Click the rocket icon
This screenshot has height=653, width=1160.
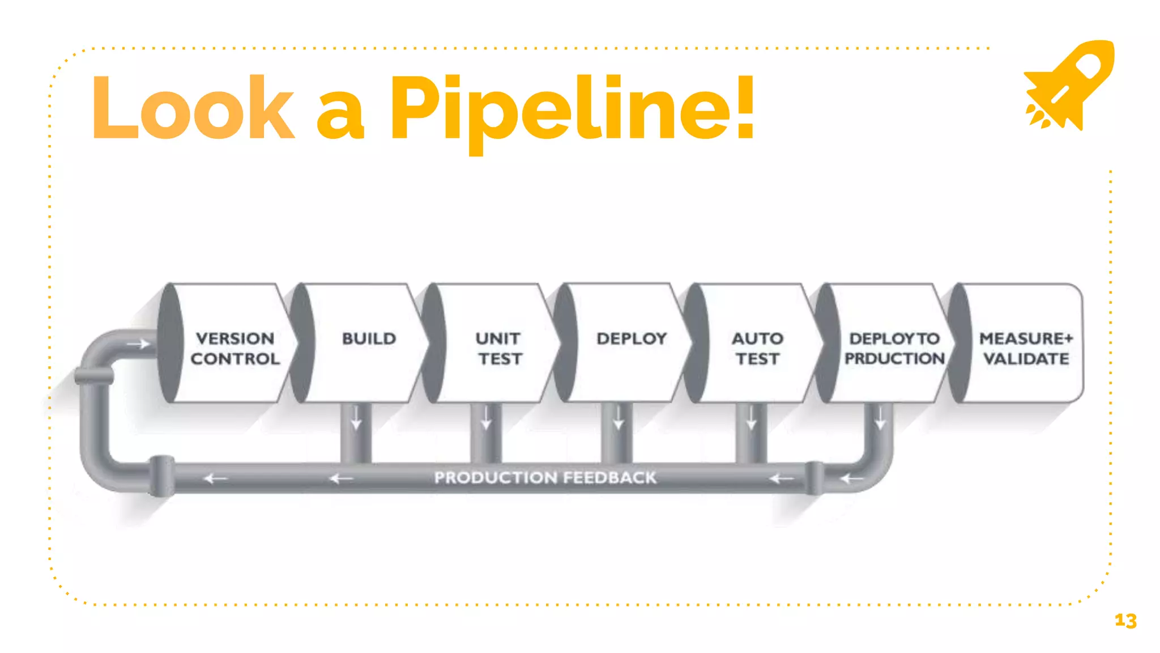(1069, 85)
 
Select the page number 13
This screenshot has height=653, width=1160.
(1125, 621)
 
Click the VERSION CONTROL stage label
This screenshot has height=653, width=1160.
(235, 348)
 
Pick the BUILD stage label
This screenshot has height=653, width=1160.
(369, 338)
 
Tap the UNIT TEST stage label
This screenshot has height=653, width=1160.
(498, 348)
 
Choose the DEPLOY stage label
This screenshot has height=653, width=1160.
(632, 338)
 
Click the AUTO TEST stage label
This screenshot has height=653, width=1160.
(757, 348)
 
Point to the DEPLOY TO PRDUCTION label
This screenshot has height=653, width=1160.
(894, 348)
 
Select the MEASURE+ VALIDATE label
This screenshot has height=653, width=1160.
(1026, 348)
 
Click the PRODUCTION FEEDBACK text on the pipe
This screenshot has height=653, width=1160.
(545, 477)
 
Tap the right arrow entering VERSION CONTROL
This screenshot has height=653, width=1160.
(138, 344)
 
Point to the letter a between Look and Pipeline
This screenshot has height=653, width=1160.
(340, 116)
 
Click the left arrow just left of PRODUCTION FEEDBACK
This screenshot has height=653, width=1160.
(341, 479)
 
